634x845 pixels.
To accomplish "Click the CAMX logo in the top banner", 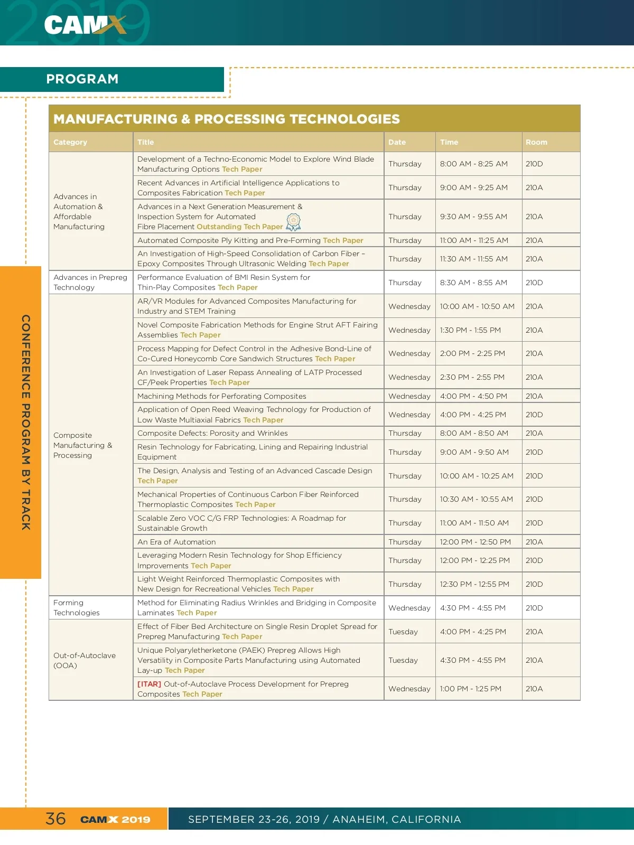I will pos(85,24).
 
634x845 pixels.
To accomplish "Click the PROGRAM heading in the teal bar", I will pos(82,79).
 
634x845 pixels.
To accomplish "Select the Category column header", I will pos(70,142).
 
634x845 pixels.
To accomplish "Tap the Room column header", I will pos(536,142).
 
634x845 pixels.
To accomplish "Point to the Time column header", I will pos(449,142).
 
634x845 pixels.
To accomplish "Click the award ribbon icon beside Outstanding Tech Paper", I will pos(293,222).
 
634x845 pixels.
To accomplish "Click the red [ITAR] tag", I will pos(149,684).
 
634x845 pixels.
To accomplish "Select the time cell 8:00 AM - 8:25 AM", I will pos(473,164).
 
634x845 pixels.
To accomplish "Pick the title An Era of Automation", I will pos(176,542).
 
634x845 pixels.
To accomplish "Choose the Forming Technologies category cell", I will pos(77,608).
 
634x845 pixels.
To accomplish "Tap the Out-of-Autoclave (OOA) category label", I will pos(85,660).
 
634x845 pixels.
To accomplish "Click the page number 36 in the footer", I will pos(55,819).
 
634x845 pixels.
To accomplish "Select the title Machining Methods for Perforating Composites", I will pos(222,396).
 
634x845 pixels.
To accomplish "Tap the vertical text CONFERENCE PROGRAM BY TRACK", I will pos(26,422).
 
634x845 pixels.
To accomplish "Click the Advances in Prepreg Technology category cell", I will pos(90,283).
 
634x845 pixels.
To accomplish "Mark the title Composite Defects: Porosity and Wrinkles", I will pos(212,433).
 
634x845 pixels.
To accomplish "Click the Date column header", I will pos(397,142).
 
